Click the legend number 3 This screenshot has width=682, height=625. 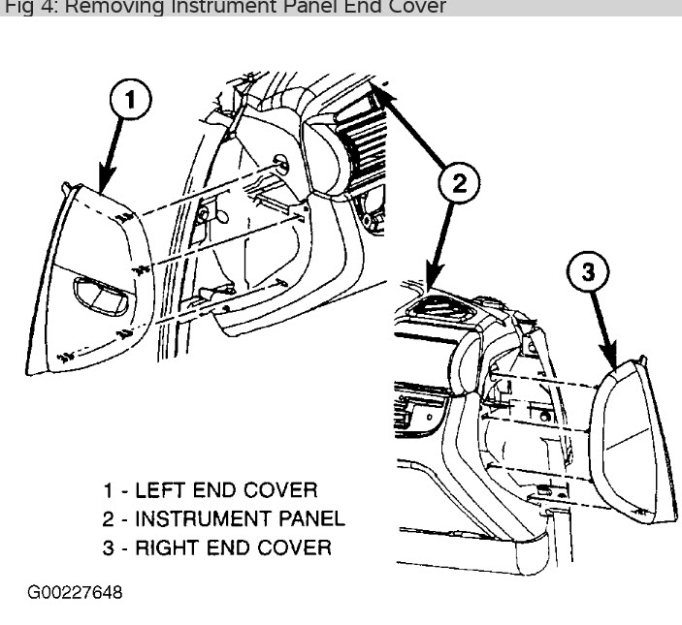109,547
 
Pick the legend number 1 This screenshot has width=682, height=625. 109,490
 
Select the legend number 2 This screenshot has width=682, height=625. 109,518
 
